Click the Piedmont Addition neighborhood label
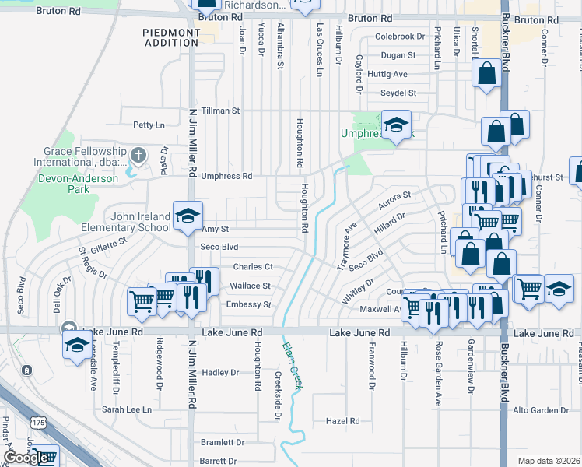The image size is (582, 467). click(170, 37)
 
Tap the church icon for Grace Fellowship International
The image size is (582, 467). click(138, 155)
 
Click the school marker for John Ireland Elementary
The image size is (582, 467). click(187, 218)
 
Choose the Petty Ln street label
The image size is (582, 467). click(149, 125)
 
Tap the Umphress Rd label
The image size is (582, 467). click(226, 176)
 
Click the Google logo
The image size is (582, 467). click(26, 458)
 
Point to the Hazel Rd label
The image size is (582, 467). click(342, 421)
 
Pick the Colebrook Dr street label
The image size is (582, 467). click(400, 37)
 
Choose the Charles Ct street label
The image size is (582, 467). click(253, 267)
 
